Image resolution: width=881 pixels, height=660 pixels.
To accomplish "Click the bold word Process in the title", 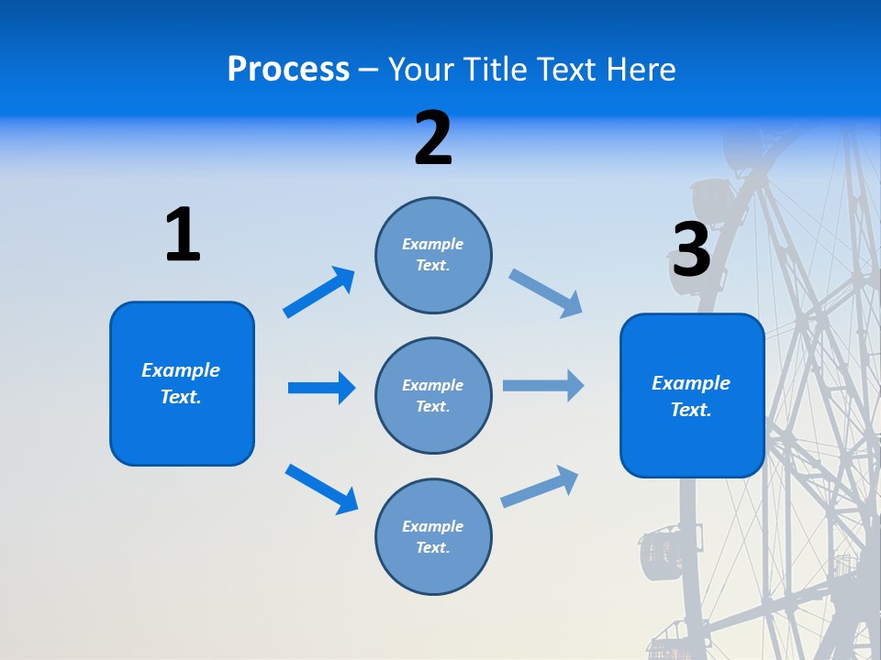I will click(x=288, y=70).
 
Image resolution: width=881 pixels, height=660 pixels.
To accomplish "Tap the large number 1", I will click(x=182, y=235).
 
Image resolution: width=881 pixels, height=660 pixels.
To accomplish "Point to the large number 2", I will click(x=432, y=138).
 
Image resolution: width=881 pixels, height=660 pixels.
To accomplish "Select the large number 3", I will click(x=691, y=249).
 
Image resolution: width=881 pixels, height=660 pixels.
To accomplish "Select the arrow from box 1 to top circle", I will click(x=318, y=292).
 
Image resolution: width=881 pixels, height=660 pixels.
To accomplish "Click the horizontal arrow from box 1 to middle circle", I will click(x=321, y=388).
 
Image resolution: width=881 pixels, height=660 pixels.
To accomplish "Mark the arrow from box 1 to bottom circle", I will click(x=321, y=489).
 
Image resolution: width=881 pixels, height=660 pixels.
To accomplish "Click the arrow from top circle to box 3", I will click(x=545, y=293).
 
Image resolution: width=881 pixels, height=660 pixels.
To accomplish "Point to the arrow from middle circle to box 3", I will click(x=543, y=386).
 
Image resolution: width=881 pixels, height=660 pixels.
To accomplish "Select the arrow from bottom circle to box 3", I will click(x=540, y=486).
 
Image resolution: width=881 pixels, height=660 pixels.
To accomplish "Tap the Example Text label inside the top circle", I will click(x=433, y=255).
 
